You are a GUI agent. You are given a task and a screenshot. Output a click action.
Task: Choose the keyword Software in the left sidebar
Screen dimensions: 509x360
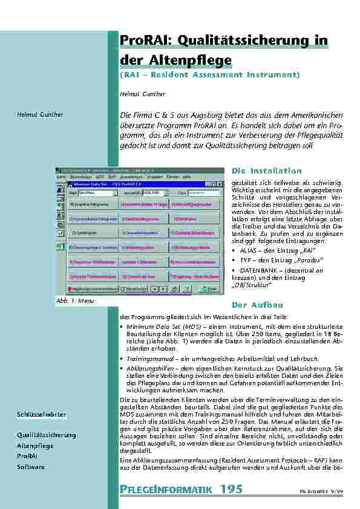coord(31,467)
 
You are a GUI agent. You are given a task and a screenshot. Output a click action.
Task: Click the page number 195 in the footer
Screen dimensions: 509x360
coord(232,490)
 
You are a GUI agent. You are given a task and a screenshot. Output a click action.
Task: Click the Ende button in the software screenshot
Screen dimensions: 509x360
coord(211,290)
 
